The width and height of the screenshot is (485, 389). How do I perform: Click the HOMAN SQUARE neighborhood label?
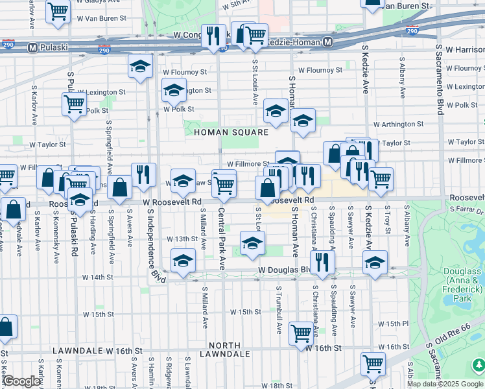tap(230, 132)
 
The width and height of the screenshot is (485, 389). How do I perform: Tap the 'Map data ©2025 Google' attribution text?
tap(445, 384)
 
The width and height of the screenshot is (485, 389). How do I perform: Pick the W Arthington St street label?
tap(397, 124)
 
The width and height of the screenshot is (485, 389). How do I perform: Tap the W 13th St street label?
tap(181, 239)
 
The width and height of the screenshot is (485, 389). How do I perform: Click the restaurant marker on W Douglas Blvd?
tap(322, 261)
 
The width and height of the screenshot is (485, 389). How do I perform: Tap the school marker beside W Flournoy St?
tap(140, 66)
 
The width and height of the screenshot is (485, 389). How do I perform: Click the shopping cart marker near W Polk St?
tap(75, 103)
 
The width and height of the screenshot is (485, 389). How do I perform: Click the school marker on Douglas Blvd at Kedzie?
tap(375, 263)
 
